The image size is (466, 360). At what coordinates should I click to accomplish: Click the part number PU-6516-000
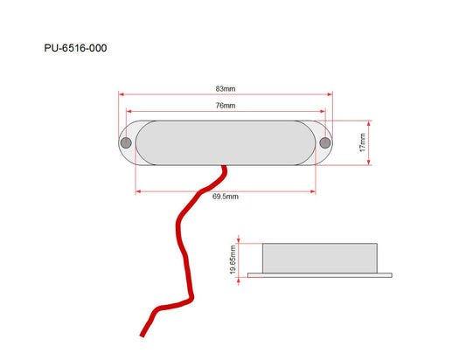coord(75,48)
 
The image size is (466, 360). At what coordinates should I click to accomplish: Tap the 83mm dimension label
coord(226,89)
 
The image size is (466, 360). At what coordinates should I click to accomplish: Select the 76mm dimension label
coord(226,106)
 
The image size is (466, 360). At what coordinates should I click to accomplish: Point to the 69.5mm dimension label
coord(226,197)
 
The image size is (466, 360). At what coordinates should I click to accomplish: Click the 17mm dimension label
coord(363,142)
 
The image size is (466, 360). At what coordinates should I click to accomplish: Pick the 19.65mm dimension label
coord(233,260)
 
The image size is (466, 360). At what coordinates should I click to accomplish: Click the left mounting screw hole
coord(126,143)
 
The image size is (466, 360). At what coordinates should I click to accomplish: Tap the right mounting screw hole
coord(325,143)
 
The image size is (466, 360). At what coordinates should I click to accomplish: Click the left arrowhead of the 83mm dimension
coord(121,94)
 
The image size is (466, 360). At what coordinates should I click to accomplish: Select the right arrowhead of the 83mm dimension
coord(330,94)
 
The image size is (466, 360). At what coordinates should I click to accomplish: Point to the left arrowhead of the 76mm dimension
coord(129,111)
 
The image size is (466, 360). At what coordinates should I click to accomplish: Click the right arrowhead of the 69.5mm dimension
coord(313,191)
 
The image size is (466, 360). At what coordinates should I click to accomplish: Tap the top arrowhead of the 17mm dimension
coord(369,123)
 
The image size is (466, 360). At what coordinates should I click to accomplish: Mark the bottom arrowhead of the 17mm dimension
coord(369,163)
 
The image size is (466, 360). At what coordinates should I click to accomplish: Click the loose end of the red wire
coord(142,336)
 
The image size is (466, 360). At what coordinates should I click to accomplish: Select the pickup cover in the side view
coord(320,258)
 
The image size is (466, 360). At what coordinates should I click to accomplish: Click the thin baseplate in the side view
coord(320,275)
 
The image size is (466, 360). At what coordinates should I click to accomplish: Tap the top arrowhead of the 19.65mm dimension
coord(239,240)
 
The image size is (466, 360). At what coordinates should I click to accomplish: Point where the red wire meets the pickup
coord(224,166)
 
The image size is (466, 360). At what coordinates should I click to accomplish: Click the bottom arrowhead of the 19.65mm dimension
coord(239,280)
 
